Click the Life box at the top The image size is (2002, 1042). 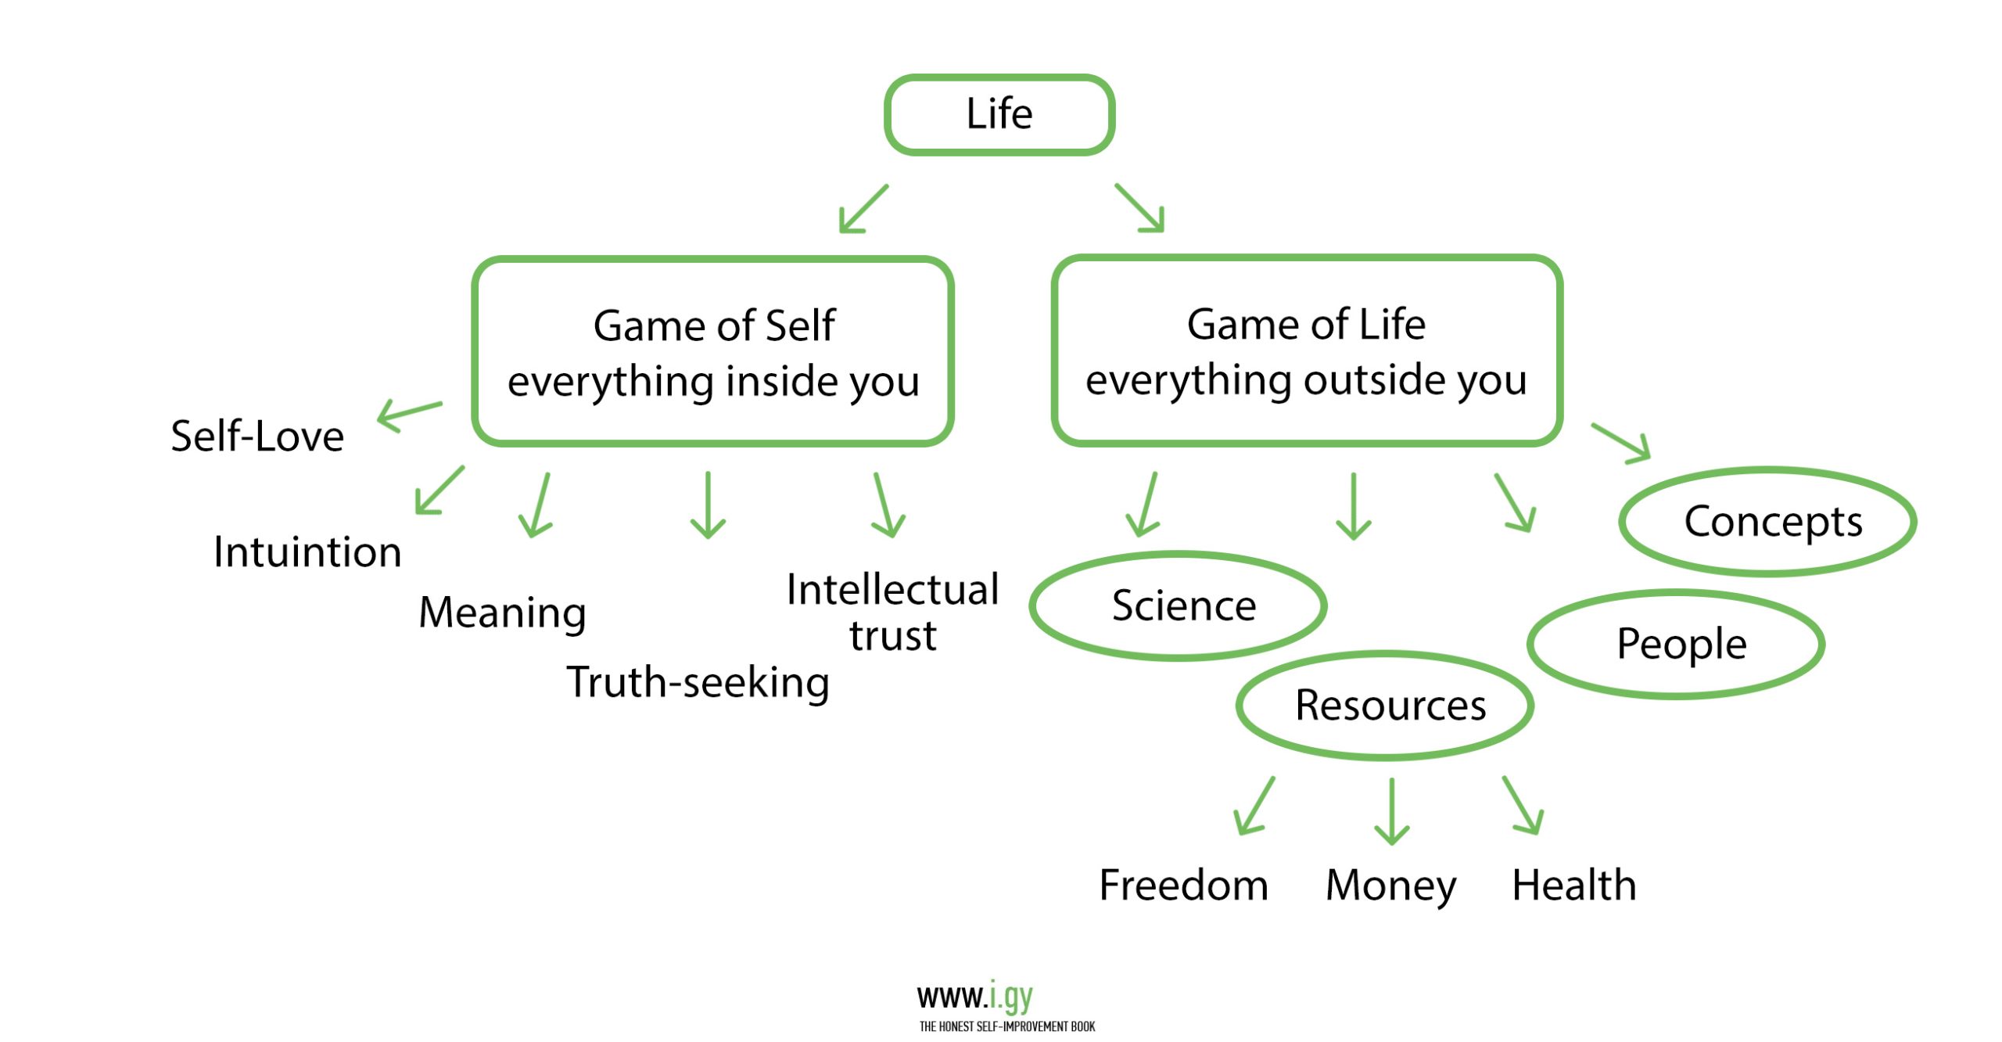click(x=999, y=114)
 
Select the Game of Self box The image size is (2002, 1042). click(x=712, y=351)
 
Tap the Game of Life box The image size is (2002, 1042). click(x=1306, y=350)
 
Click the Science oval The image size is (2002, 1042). click(x=1179, y=605)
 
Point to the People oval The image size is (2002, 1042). click(x=1676, y=644)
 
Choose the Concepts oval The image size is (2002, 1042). click(x=1767, y=521)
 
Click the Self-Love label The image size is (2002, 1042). click(x=257, y=436)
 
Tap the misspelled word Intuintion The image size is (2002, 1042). click(x=307, y=552)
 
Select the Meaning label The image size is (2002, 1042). click(x=502, y=612)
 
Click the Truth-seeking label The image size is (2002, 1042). click(x=698, y=682)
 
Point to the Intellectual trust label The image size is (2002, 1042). click(x=892, y=612)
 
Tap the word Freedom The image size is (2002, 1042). click(x=1183, y=885)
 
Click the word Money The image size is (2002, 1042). click(x=1390, y=886)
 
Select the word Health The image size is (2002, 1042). click(x=1573, y=885)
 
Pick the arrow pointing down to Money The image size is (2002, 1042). click(x=1391, y=810)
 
